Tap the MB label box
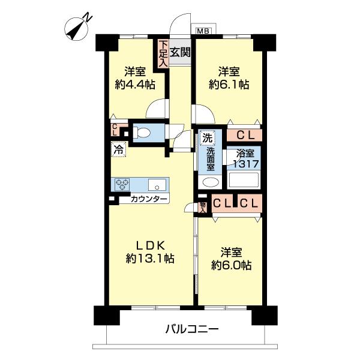204,31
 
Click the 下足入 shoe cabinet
163,53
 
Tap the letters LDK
150,245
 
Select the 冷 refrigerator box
118,149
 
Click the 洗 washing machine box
206,137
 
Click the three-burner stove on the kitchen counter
123,184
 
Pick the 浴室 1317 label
245,158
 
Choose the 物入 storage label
203,207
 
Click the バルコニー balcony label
190,329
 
